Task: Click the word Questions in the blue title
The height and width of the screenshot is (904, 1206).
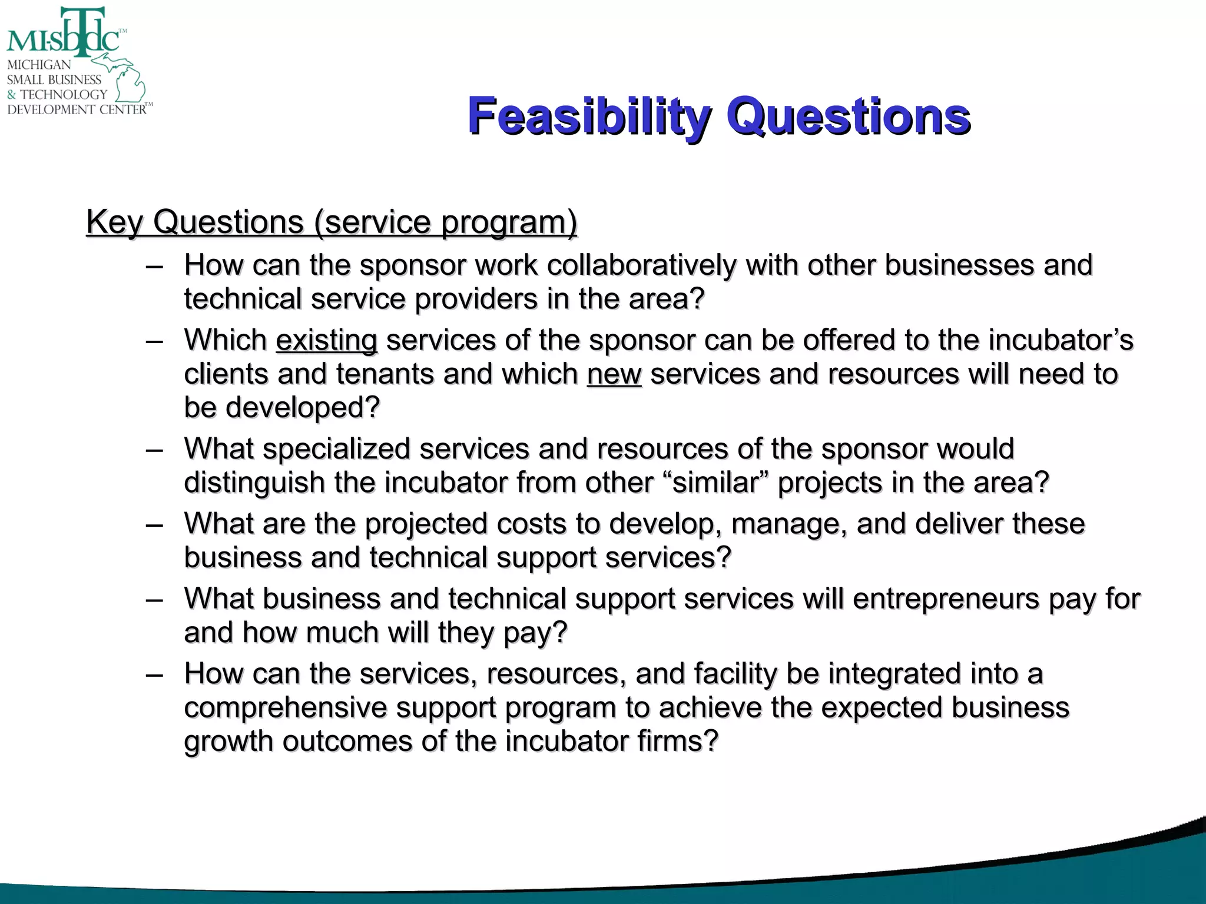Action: click(848, 116)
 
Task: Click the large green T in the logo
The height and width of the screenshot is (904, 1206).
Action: click(83, 29)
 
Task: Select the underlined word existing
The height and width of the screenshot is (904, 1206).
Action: click(326, 340)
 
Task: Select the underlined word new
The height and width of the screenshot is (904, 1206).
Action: click(614, 374)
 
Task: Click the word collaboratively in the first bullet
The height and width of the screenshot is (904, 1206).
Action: click(641, 265)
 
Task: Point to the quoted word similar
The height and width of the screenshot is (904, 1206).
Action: click(719, 483)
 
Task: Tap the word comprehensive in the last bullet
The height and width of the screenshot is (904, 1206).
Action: click(285, 707)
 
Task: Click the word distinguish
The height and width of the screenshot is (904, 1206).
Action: click(254, 483)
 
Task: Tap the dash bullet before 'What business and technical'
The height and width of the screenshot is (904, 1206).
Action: click(154, 600)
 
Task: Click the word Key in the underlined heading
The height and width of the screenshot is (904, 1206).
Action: click(114, 222)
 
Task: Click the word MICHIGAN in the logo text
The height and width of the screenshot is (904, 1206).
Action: click(39, 65)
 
